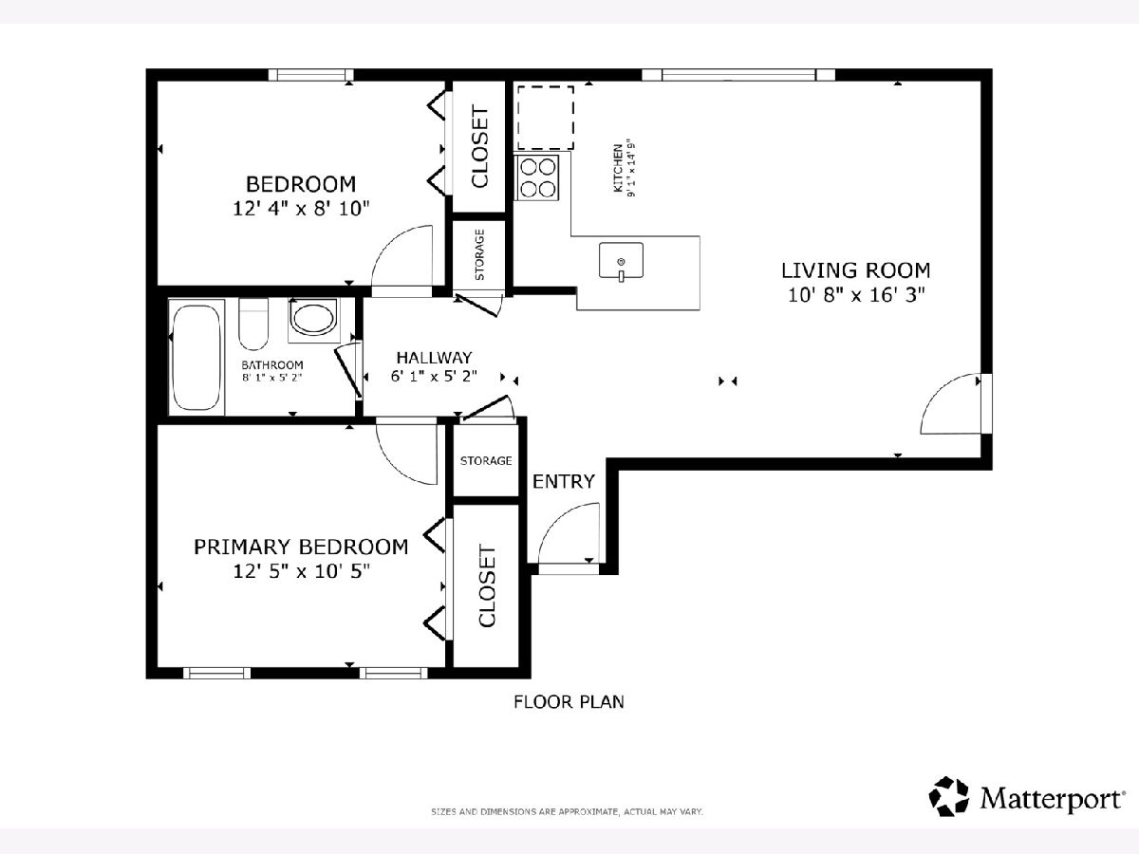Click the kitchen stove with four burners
[x=536, y=177]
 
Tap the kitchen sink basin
[x=621, y=260]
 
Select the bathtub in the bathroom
[x=196, y=358]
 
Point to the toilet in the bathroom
[x=253, y=325]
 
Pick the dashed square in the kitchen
[x=546, y=118]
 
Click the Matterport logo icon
[x=948, y=796]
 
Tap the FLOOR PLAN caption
[x=569, y=702]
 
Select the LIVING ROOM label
[x=856, y=270]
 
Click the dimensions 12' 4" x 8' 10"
[x=301, y=209]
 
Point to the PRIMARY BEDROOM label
[x=301, y=548]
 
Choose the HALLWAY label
[x=434, y=358]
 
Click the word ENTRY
[x=564, y=482]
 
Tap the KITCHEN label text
[x=618, y=168]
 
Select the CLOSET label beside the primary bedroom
[x=487, y=585]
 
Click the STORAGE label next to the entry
[x=486, y=460]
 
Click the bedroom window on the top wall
[x=310, y=75]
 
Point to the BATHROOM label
[x=271, y=365]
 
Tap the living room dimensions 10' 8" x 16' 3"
[x=856, y=295]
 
